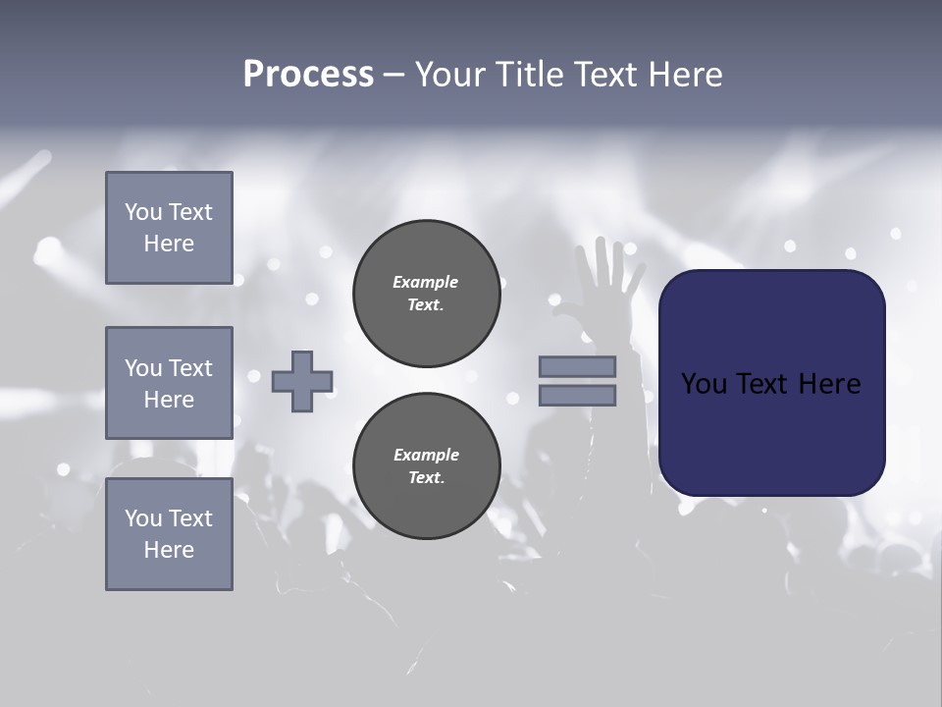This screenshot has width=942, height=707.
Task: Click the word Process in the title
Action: [308, 75]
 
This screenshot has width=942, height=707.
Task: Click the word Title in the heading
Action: [530, 75]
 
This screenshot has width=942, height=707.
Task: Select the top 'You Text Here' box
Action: [169, 228]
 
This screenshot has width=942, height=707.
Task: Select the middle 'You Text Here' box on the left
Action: [169, 383]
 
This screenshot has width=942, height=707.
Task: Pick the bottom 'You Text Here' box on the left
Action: [169, 534]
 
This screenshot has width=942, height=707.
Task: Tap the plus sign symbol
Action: [302, 381]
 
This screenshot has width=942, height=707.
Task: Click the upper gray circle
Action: [426, 293]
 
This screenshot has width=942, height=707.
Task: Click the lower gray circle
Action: [426, 465]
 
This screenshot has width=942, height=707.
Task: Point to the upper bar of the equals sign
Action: [577, 366]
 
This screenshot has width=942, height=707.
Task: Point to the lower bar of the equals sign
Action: [577, 396]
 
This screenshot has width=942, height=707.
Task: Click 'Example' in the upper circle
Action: [426, 282]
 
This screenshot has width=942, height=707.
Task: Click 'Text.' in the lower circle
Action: [426, 478]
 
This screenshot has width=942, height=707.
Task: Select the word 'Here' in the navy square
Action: [829, 384]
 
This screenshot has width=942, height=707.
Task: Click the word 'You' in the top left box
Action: [142, 212]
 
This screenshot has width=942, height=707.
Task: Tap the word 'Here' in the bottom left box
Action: [169, 550]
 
